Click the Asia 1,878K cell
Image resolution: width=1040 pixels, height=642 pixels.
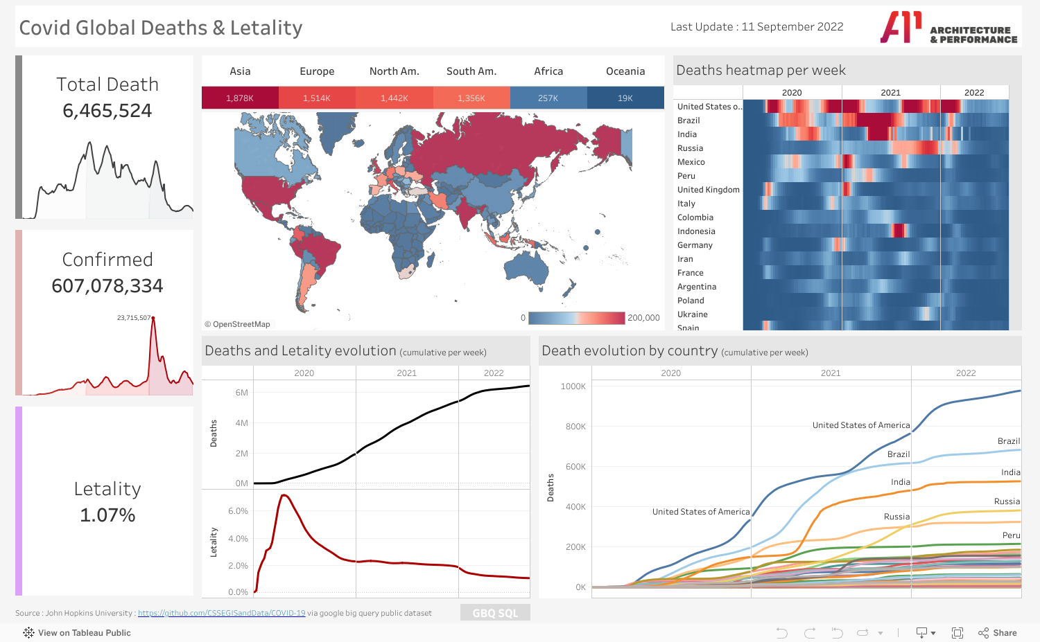(240, 98)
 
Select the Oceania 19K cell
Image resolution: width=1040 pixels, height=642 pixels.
(625, 98)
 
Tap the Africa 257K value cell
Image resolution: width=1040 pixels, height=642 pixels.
(548, 98)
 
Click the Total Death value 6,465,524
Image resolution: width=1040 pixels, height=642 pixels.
(107, 111)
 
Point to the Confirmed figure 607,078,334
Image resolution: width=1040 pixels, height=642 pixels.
(107, 286)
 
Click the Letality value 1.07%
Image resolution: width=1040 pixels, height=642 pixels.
(107, 515)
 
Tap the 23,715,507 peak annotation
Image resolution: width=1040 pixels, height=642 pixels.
(134, 318)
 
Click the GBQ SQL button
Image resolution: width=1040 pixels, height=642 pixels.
(495, 613)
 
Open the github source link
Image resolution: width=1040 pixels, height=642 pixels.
(221, 613)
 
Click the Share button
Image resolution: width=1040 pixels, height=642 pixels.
(998, 633)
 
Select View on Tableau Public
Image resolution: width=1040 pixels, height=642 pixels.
(77, 633)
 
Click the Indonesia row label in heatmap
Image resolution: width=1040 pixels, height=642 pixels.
(696, 231)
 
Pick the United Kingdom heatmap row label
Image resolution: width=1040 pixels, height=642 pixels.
(708, 190)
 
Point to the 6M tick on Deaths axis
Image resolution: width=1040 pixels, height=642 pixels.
(241, 393)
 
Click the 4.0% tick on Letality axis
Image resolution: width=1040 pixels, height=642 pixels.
(238, 539)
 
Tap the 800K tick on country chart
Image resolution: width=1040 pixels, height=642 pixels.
(575, 427)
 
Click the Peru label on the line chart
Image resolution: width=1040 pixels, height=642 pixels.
(1011, 535)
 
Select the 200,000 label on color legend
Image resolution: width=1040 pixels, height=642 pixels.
(643, 318)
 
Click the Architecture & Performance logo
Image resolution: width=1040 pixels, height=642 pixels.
(948, 28)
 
